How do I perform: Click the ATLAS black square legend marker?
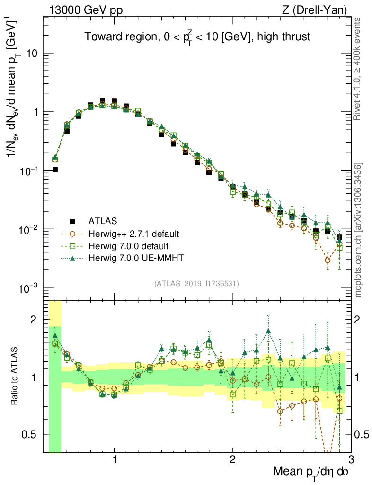tap(72, 221)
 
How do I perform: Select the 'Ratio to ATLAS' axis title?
tap(15, 377)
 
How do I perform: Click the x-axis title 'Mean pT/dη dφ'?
tap(311, 473)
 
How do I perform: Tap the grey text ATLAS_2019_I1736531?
tap(196, 284)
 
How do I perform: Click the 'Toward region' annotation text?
tap(197, 37)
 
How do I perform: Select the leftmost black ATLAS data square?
tap(55, 169)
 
